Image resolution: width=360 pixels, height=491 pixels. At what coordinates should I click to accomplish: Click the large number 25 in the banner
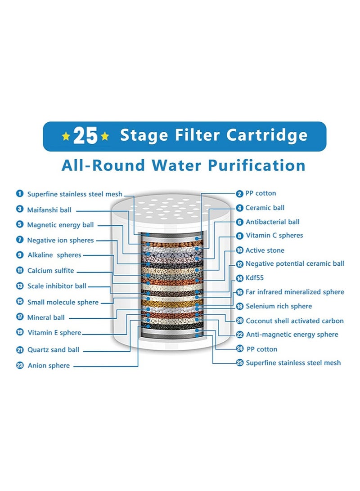85,136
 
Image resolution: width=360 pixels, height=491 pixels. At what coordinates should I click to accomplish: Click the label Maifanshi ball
49,210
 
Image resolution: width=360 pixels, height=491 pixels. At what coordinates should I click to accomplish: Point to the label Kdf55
255,278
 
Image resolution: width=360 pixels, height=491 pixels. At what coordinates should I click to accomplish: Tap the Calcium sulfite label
50,271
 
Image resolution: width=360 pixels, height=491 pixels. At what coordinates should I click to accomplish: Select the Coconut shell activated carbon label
294,321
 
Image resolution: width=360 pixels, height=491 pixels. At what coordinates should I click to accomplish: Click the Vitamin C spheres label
274,235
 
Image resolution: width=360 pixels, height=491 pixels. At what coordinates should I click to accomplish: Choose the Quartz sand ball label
53,349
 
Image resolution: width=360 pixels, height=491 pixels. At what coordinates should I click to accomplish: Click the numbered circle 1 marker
19,194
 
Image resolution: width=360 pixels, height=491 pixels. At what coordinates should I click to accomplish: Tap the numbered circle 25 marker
240,363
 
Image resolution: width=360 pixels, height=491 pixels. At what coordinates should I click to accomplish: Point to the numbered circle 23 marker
20,366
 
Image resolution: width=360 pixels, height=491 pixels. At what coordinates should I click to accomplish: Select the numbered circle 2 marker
239,193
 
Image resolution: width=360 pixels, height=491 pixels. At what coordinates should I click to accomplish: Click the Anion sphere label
49,366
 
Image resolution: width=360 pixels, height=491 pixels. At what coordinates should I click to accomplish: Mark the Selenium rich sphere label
279,306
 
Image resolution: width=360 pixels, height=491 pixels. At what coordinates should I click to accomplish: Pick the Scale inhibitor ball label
57,286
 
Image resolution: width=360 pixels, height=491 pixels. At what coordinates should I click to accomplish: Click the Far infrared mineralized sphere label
295,292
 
